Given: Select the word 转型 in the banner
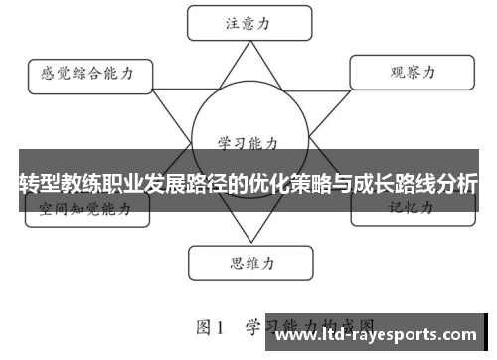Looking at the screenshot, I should click(x=36, y=184).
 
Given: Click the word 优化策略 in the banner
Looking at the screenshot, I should click(x=296, y=184).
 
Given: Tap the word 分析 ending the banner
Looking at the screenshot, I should click(x=459, y=184).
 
